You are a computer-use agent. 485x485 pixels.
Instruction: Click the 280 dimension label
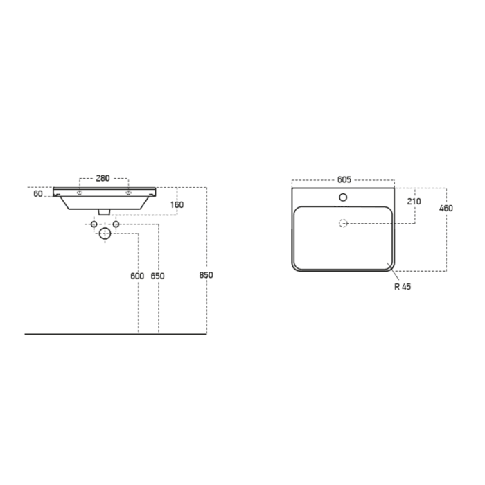pos(103,178)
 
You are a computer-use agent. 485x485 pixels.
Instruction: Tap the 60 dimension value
pos(38,193)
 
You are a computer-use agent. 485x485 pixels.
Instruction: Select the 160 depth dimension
pos(177,204)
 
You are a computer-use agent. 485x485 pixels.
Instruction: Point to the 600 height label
pos(137,276)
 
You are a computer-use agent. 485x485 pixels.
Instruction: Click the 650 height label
pos(158,276)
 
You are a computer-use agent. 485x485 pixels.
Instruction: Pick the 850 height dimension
pos(206,274)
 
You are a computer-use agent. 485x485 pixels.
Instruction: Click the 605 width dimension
pos(344,179)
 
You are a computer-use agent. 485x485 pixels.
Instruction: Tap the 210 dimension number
pos(414,202)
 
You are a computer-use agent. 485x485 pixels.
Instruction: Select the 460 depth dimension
pos(446,208)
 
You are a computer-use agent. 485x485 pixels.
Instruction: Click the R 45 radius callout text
pos(403,287)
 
